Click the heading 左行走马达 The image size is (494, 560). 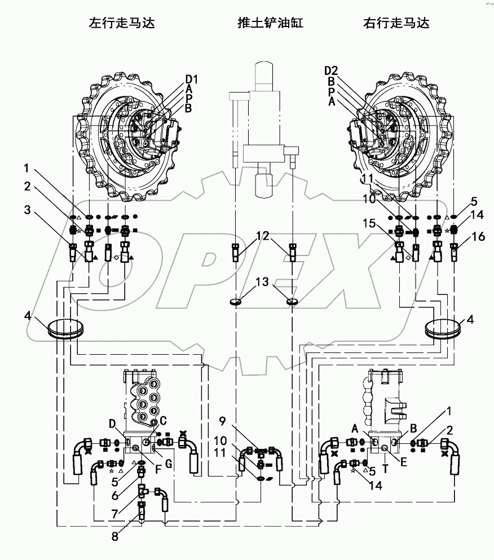pyautogui.click(x=121, y=23)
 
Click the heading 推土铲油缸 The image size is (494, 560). pyautogui.click(x=263, y=23)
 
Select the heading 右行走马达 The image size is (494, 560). pyautogui.click(x=396, y=23)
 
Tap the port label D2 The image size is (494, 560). pyautogui.click(x=332, y=70)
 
